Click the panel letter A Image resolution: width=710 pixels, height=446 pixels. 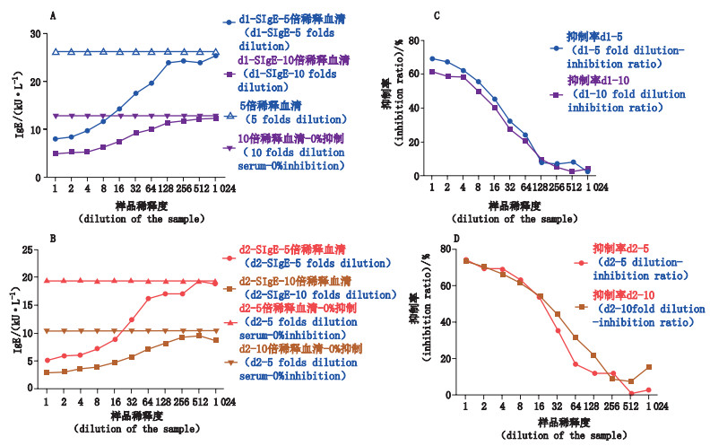click(x=54, y=15)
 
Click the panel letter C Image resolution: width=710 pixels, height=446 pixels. click(x=436, y=15)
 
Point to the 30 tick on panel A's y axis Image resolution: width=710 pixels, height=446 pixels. click(x=37, y=34)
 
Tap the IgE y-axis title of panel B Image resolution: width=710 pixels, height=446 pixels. click(x=14, y=307)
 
